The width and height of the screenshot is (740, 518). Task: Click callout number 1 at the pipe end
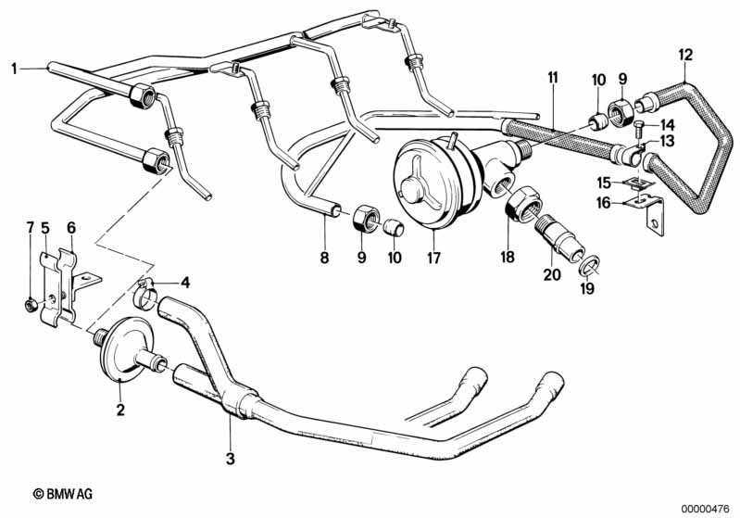point(15,67)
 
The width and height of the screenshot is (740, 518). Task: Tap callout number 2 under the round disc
point(119,408)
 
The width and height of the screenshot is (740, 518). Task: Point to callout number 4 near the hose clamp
point(184,283)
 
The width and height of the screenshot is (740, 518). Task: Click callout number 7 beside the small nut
point(29,227)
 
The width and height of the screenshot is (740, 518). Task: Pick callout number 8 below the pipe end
point(324,258)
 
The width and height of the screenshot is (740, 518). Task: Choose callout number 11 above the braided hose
point(552,76)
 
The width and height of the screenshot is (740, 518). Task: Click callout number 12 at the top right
point(685,54)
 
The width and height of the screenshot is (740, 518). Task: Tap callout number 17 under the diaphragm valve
point(431,258)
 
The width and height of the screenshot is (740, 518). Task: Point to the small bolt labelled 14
point(639,124)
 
